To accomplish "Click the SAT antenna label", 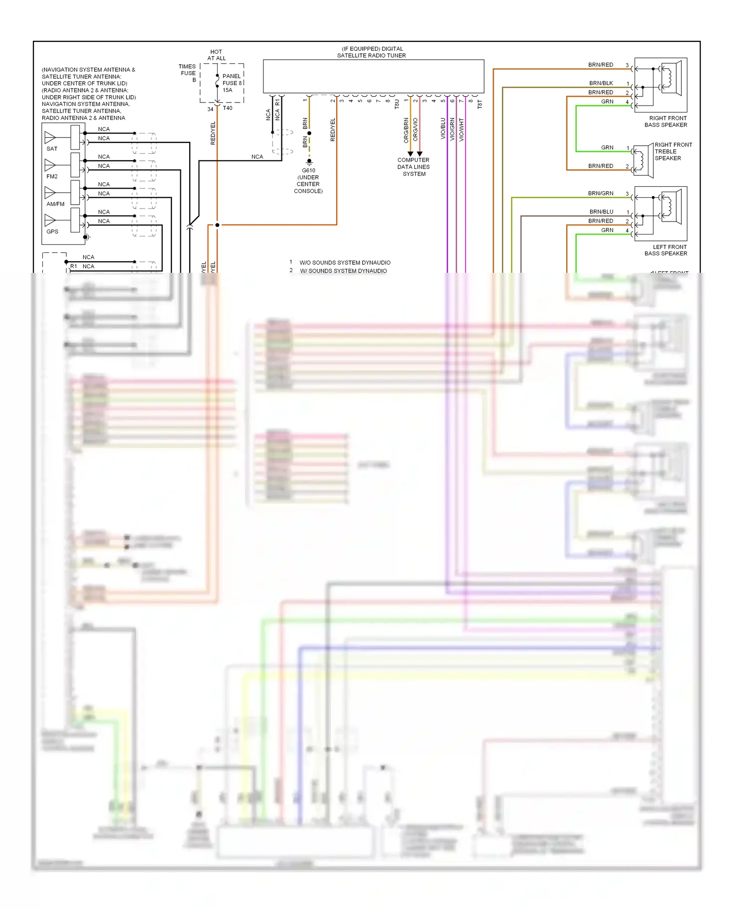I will point(52,149).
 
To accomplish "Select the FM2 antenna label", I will point(52,176).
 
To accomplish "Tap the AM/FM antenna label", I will point(55,204).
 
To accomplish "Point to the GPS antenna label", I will point(52,231).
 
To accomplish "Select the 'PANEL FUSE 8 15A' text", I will point(232,83).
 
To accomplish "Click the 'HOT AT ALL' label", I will point(216,55).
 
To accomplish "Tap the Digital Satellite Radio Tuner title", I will point(372,52).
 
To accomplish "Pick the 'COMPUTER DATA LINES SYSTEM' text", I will point(413,167).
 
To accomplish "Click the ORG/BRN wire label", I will point(406,130).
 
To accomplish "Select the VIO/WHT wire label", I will point(462,129).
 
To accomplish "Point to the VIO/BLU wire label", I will point(443,128).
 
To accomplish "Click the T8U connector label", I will point(397,104).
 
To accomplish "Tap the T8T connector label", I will point(480,104).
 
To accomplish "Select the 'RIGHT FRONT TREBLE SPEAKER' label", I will point(673,151).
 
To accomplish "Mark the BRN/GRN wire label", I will point(601,193).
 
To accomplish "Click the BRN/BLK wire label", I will point(601,83).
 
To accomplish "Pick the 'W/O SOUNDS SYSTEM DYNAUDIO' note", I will point(345,262).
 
